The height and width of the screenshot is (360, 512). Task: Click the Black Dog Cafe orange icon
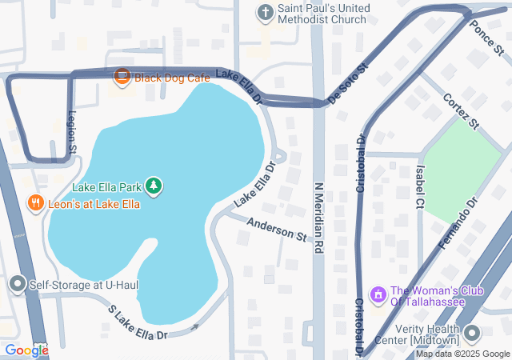(x=122, y=77)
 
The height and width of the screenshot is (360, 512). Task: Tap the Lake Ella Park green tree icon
(x=154, y=187)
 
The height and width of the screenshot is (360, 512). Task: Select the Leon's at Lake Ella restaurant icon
(x=35, y=204)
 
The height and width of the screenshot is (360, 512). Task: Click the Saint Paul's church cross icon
(x=265, y=12)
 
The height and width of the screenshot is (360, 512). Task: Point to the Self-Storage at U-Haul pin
(x=17, y=284)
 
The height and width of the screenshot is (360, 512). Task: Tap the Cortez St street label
(x=460, y=111)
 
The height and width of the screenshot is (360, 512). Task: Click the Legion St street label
(x=71, y=132)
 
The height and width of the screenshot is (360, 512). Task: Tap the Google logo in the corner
(x=26, y=350)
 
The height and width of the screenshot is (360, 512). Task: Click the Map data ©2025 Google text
(x=462, y=354)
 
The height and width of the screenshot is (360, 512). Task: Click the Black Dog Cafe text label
(x=172, y=78)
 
